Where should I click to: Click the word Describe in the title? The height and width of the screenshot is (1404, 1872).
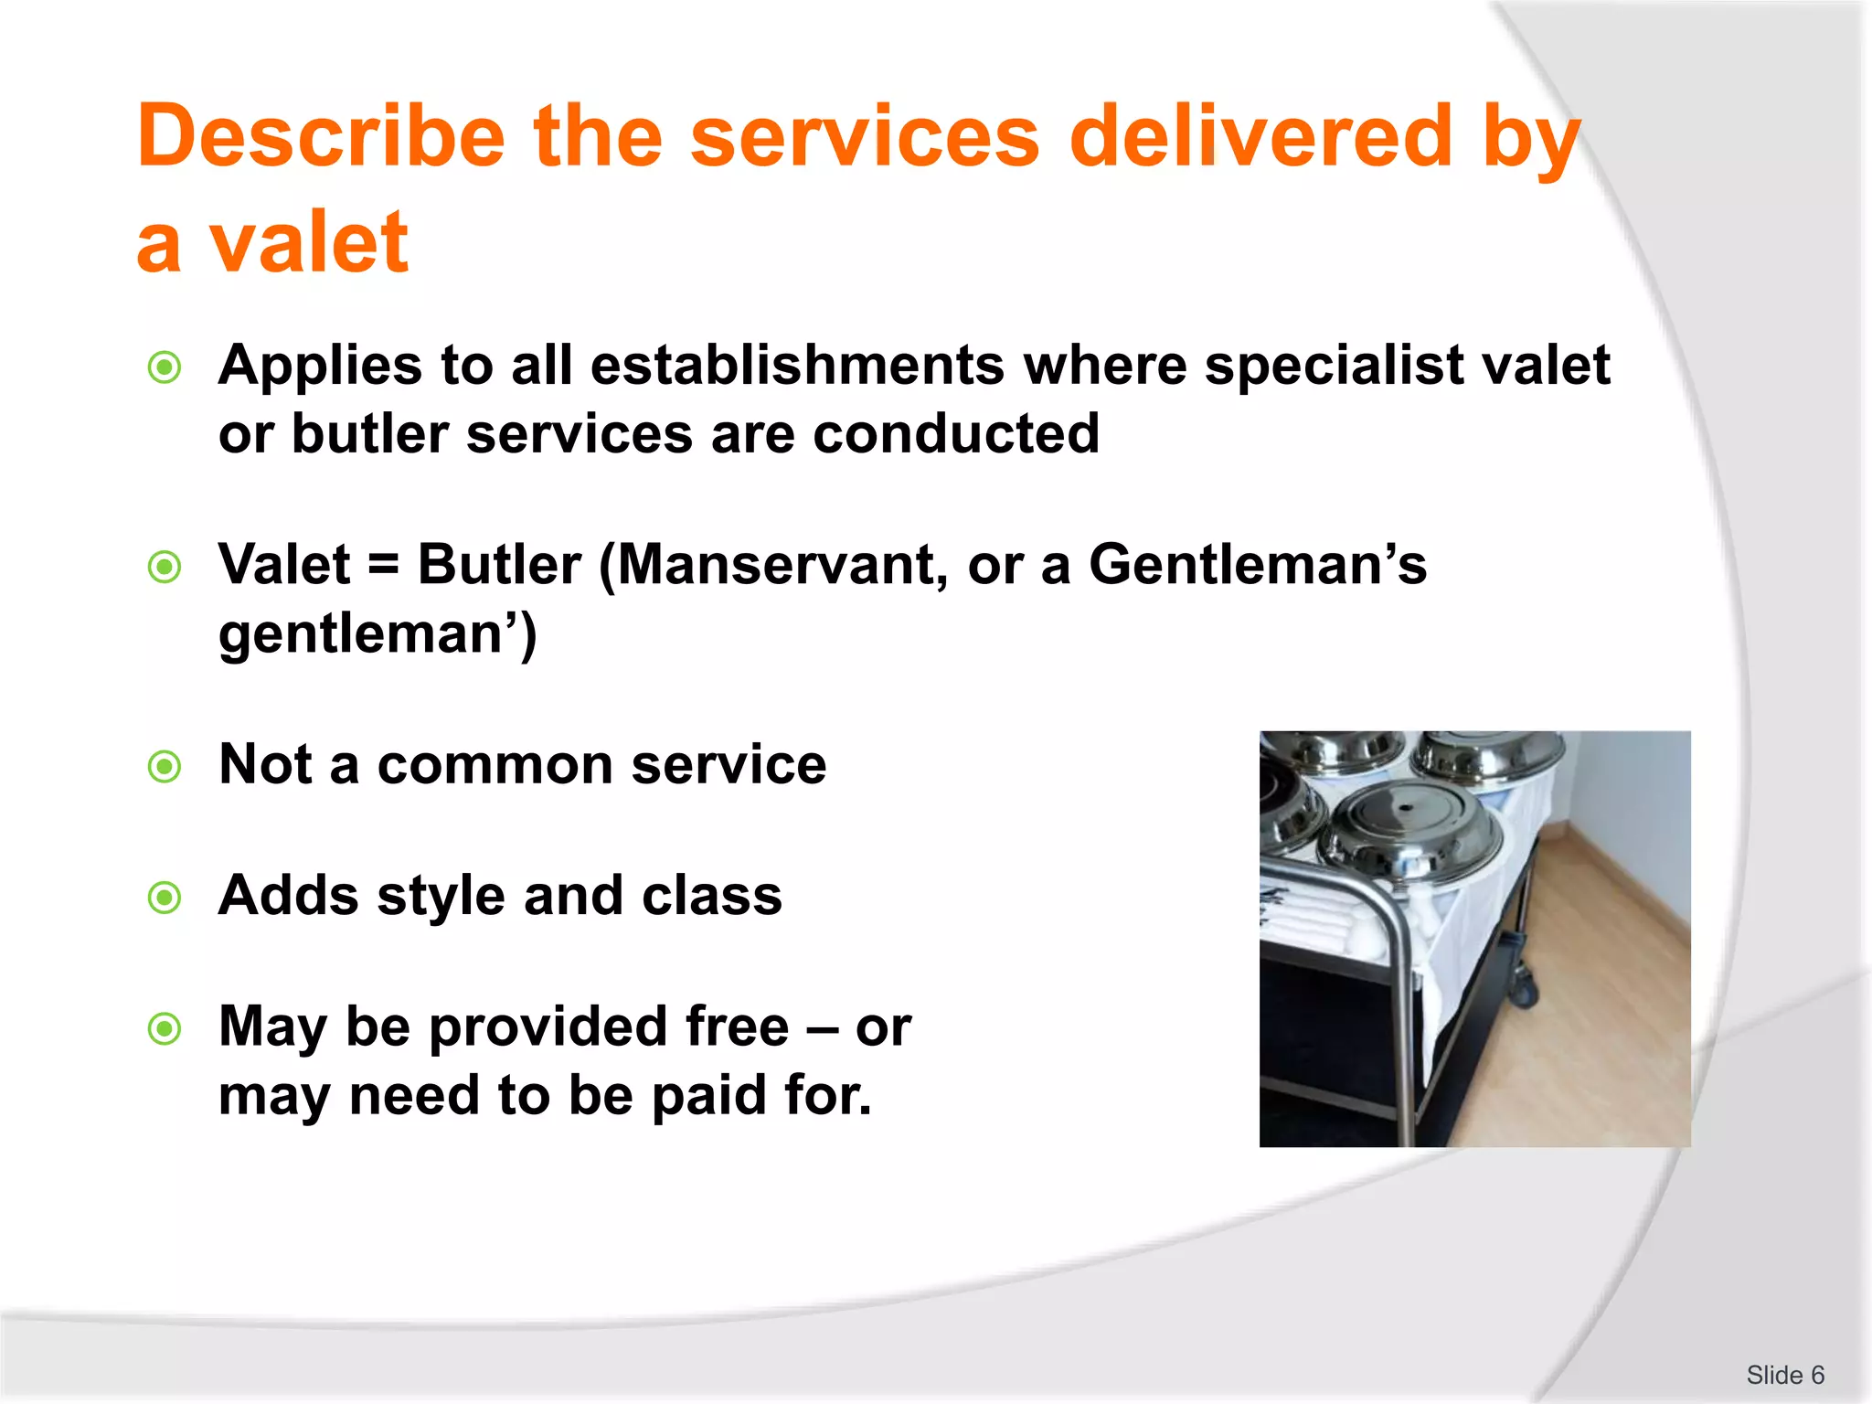coord(321,137)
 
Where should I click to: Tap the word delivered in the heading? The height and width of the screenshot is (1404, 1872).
coord(1260,137)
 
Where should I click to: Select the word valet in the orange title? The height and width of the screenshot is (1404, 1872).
coord(308,242)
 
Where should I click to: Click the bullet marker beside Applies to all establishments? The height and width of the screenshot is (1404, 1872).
coord(165,368)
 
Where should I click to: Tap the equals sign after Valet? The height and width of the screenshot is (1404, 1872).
coord(384,564)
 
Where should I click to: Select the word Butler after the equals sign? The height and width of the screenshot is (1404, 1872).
coord(499,564)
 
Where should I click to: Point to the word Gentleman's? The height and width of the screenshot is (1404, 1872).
coord(1257,564)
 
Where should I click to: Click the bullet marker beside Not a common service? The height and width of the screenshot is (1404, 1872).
coord(165,766)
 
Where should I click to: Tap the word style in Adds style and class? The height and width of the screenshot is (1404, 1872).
coord(441,896)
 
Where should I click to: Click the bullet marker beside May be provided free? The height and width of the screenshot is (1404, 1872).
coord(165,1030)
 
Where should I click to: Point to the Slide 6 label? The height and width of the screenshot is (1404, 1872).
coord(1784,1375)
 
